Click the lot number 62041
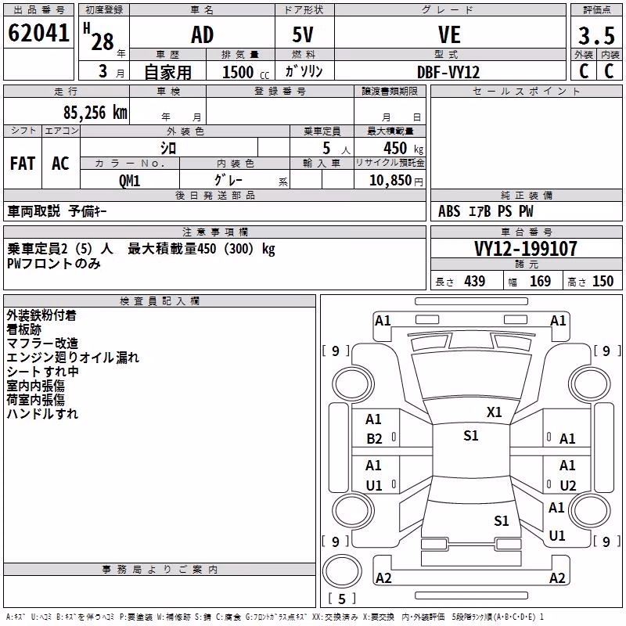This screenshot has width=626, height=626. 38,33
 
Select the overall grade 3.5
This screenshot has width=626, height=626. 596,35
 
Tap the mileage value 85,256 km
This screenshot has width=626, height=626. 95,113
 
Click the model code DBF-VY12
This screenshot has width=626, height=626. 448,72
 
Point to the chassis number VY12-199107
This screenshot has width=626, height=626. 526,249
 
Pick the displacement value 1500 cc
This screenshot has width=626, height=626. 246,72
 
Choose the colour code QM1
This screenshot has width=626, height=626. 129,181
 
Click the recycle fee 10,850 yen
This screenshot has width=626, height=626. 396,181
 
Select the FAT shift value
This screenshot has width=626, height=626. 23,164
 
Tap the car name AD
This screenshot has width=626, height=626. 203,34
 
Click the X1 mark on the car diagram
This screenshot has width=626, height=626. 494,412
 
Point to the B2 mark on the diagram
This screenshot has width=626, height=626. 374,439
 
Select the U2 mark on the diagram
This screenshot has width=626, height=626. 568,485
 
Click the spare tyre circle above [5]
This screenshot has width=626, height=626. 342,571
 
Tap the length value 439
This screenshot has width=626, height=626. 475,282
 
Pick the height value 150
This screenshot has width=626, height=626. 603,282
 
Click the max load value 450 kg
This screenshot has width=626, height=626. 403,148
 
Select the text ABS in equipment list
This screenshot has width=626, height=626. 449,211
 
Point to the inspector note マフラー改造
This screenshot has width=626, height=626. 42,344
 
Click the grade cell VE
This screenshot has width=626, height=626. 449,34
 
